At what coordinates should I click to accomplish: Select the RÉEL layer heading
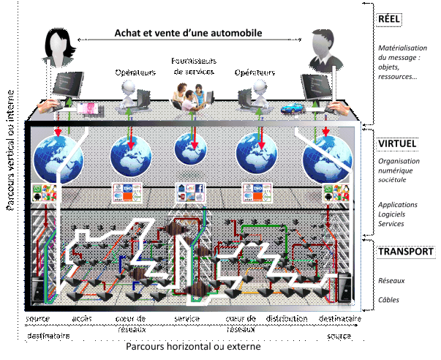coord(391,18)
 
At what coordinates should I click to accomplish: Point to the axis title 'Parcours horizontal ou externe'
coord(192,346)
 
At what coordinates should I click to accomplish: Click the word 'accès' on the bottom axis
coord(83,318)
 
